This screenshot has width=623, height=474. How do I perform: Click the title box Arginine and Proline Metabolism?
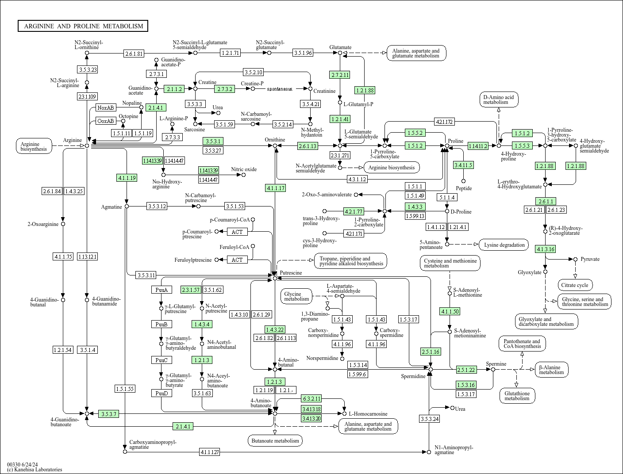coord(83,26)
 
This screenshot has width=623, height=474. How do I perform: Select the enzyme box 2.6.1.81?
coord(134,54)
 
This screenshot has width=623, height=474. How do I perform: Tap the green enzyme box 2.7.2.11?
coord(339,75)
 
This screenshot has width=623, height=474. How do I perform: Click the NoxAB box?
coord(106,107)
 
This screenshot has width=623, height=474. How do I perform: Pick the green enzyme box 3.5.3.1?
coord(212,141)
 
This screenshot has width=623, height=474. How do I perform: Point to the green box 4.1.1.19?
coord(127,178)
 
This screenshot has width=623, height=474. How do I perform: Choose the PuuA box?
coord(161,290)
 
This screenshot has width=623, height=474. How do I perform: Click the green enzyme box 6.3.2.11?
coord(311,398)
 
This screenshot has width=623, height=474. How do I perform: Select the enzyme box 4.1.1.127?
coord(209,452)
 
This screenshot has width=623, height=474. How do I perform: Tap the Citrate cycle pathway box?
coord(575,285)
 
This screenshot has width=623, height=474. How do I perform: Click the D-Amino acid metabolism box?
coord(498,99)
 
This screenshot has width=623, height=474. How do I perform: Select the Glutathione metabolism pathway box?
coord(517,396)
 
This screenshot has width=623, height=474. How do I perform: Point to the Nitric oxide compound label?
coord(244,169)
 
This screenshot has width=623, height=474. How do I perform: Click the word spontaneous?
coord(279,89)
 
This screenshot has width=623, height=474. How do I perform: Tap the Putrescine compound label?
coord(291,273)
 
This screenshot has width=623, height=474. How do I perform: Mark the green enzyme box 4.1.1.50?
coord(450,311)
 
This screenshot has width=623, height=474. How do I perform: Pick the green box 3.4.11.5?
coord(463,165)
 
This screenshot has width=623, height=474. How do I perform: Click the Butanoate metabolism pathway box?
coord(275,440)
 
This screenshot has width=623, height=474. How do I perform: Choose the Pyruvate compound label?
coord(590,259)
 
